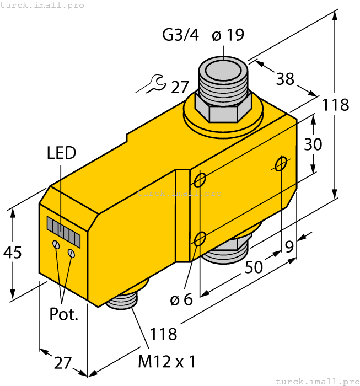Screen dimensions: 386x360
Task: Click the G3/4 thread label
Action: click(x=180, y=35)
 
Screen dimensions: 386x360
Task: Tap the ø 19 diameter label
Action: click(x=228, y=35)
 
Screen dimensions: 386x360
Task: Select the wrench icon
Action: click(x=151, y=84)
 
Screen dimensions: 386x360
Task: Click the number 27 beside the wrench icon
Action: click(x=180, y=87)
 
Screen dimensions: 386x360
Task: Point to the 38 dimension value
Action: click(x=285, y=79)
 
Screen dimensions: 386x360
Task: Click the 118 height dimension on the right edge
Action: click(x=335, y=104)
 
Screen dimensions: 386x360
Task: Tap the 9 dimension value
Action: click(x=289, y=248)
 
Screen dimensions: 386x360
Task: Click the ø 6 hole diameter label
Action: click(x=181, y=300)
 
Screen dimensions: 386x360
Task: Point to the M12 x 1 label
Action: click(x=166, y=362)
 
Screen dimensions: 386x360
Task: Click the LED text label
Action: click(x=61, y=153)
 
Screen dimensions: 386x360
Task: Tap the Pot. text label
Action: click(x=64, y=315)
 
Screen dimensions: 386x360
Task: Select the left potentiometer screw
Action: click(x=56, y=244)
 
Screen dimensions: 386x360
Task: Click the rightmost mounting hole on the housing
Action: click(x=281, y=163)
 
